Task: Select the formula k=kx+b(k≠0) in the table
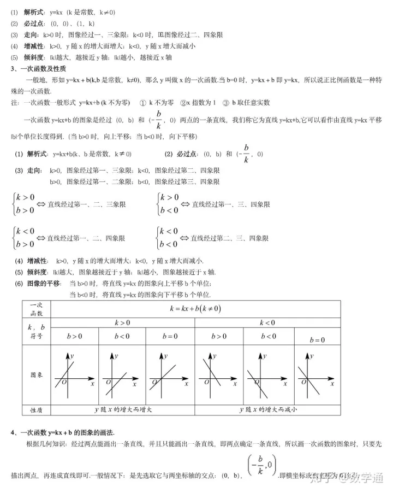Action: click(x=194, y=309)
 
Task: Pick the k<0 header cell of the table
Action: click(x=267, y=324)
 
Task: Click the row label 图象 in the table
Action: click(x=36, y=376)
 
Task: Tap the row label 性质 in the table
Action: click(x=36, y=409)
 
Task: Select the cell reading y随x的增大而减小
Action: click(x=267, y=409)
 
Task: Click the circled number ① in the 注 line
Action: click(x=142, y=102)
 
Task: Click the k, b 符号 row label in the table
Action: click(x=36, y=331)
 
